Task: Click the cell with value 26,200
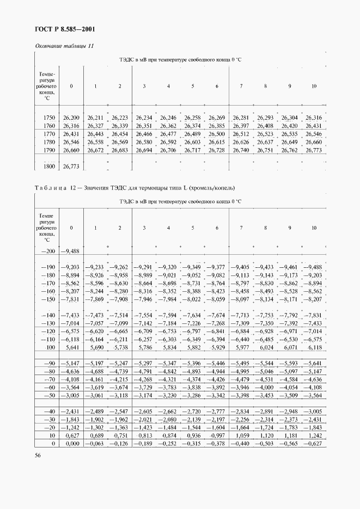(x=71, y=118)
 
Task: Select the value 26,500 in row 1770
(x=217, y=134)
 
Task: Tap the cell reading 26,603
(x=192, y=142)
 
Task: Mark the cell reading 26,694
(x=144, y=150)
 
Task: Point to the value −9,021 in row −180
(x=168, y=275)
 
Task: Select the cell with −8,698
(x=168, y=284)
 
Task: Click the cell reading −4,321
(x=168, y=379)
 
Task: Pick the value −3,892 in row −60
(x=217, y=388)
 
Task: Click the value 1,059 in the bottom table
(x=241, y=436)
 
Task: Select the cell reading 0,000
(x=71, y=444)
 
